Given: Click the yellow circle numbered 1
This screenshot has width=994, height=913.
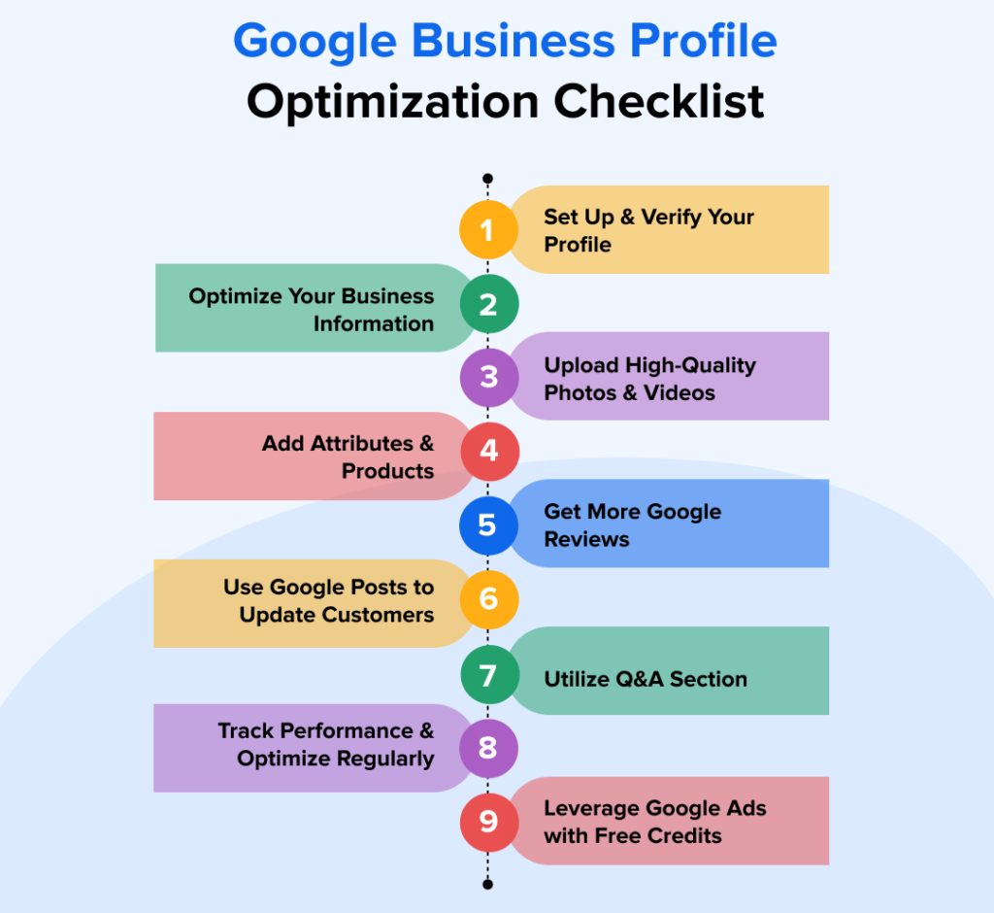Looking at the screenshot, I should pos(488,230).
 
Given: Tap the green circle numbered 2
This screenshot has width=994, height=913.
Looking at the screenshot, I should pos(488,305).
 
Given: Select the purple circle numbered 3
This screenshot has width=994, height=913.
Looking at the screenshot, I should pos(488,377).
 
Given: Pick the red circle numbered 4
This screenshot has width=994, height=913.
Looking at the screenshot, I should pos(488,452).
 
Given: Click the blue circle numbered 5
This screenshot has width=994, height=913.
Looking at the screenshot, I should pos(488,525).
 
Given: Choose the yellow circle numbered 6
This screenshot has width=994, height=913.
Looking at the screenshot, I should pos(488,598).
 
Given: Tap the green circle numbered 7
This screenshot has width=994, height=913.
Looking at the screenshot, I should pos(488,673).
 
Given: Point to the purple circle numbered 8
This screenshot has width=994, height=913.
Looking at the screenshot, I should pos(488,748).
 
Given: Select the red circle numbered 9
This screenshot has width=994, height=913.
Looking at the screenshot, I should pos(488,822).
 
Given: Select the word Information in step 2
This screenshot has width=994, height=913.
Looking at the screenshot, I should pos(373,324).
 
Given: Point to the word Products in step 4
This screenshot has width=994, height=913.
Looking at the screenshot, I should pos(387,471).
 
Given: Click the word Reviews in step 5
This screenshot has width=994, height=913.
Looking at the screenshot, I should pos(586,540).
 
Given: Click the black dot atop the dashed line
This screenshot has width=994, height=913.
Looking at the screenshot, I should pos(487,179).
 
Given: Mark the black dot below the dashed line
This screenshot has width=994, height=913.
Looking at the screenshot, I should pos(487,884).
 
